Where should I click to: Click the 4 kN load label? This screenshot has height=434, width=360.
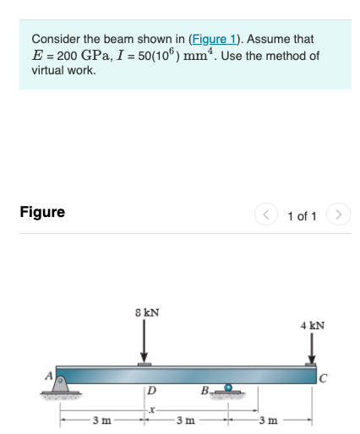[x=312, y=324]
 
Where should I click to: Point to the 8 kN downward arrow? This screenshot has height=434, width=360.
[x=145, y=342]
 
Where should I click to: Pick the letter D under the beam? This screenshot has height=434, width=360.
[x=150, y=390]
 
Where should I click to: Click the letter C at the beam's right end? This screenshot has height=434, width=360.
[x=323, y=377]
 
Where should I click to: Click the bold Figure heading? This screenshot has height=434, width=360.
[x=42, y=212]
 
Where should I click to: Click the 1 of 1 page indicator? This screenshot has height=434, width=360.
[x=302, y=216]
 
